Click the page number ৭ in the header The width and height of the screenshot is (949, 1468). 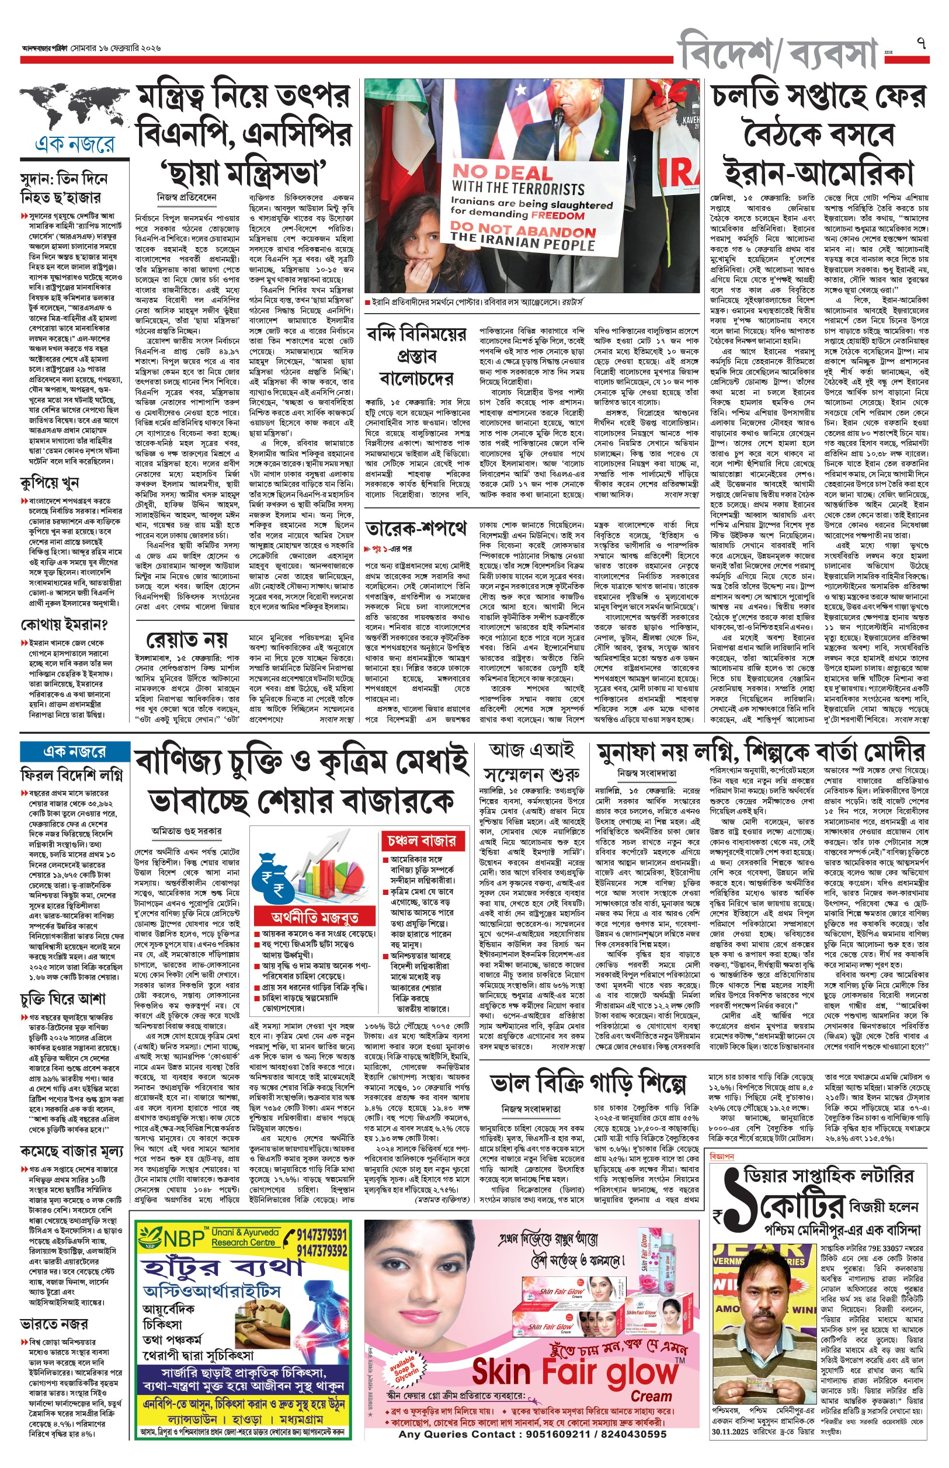[922, 44]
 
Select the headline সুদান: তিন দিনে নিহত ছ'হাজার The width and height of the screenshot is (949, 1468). [64, 189]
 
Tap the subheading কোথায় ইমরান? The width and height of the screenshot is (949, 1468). [64, 625]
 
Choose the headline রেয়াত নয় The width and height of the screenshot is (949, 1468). [187, 638]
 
